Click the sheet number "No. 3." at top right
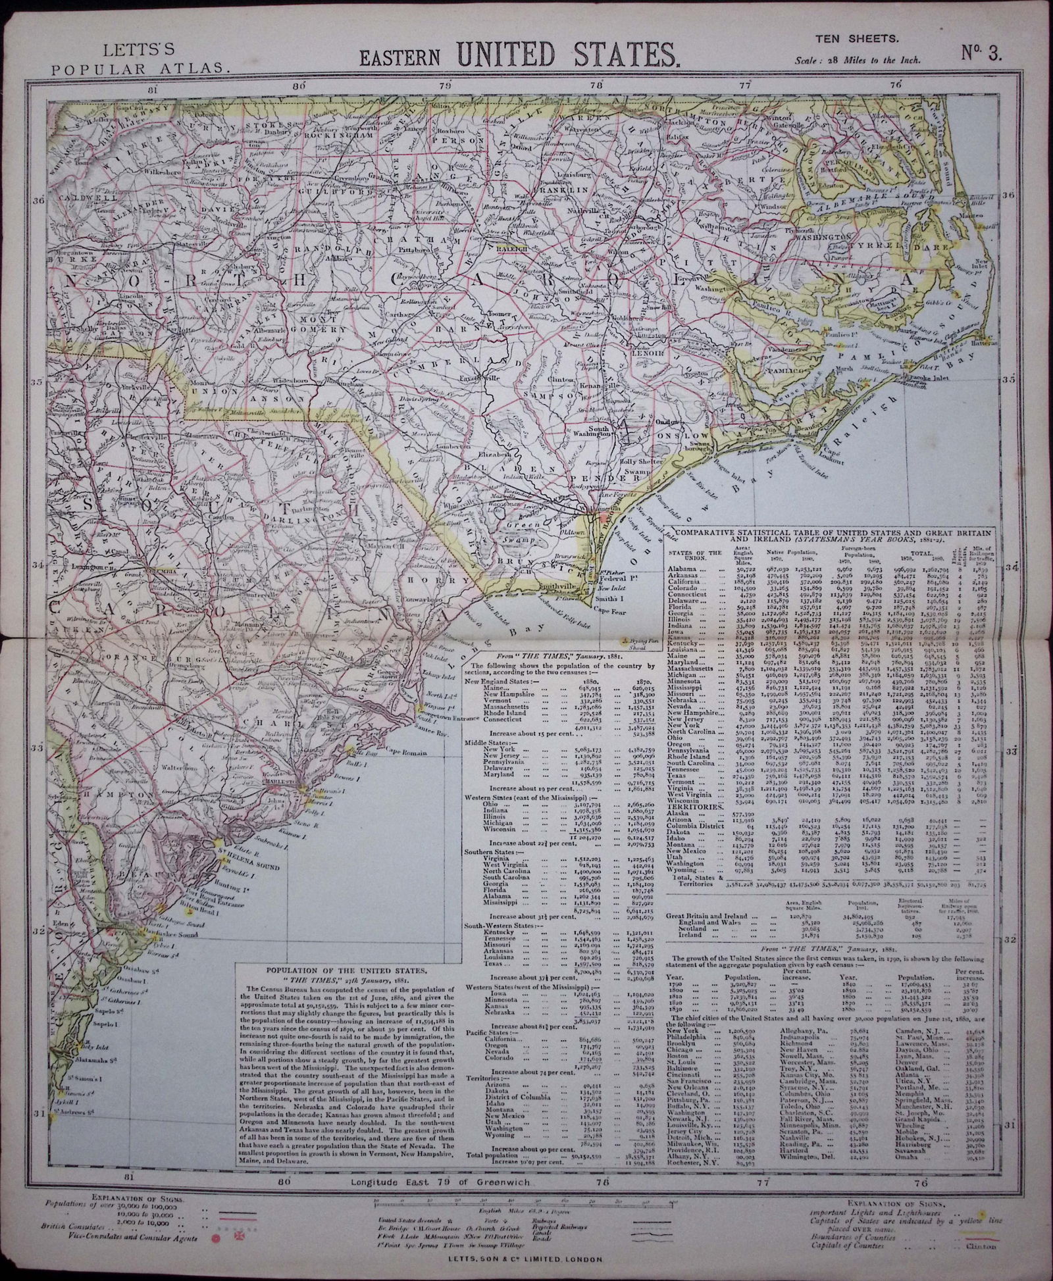click(981, 53)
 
